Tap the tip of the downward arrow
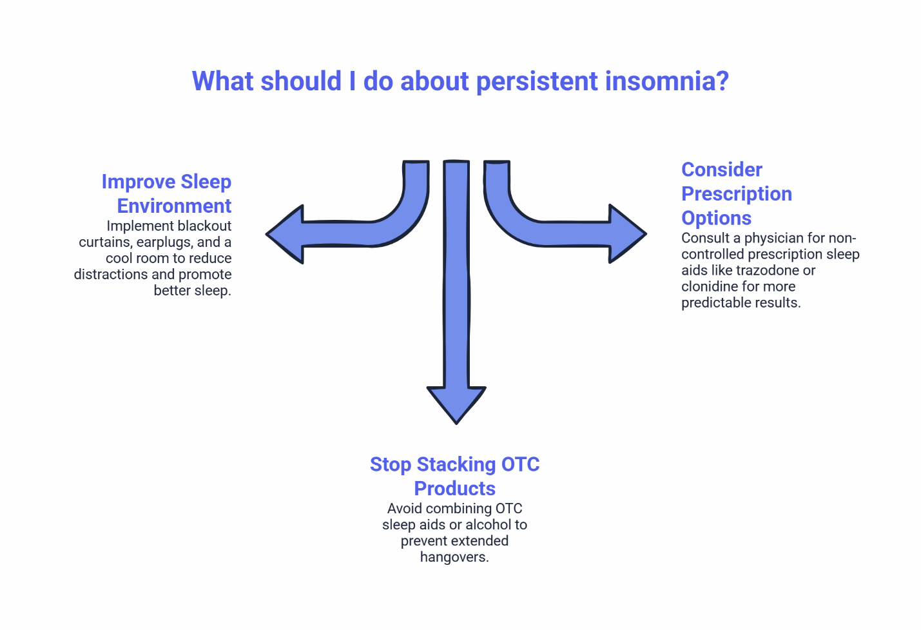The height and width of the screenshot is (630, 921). pos(456,422)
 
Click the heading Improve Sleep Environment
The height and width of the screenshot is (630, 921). pos(166,193)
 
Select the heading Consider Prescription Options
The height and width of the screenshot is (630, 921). pos(736,193)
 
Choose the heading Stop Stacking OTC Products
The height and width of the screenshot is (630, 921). pos(454,476)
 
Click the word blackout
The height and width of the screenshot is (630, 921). pos(204,226)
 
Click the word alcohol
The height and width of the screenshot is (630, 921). pos(489,525)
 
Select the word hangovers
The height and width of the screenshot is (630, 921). pos(454,557)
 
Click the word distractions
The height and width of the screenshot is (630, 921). pos(110,274)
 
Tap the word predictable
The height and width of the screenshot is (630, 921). pos(716,302)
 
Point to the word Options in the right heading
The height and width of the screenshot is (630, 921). pos(716,218)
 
